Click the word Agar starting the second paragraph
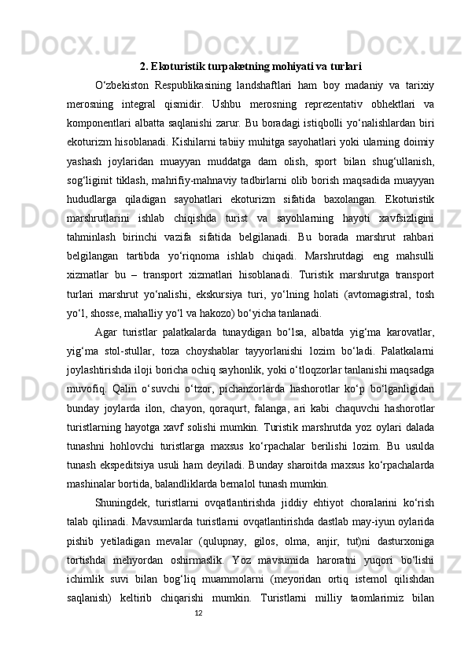[105, 334]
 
